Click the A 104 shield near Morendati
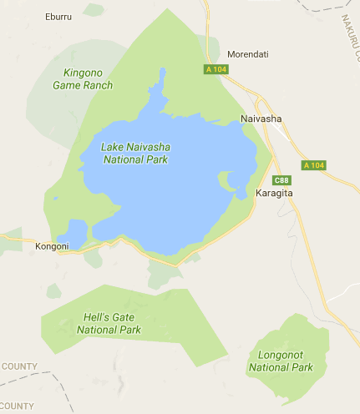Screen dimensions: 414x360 [x=215, y=69]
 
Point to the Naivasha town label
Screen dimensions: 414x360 [x=261, y=119]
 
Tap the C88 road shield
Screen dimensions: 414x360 [x=282, y=179]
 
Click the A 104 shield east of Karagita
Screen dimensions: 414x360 [x=313, y=165]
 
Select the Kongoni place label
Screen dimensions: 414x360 [x=52, y=247]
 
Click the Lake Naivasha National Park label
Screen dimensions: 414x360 [x=134, y=153]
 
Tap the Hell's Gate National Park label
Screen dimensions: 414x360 [x=109, y=324]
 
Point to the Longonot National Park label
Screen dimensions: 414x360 [x=281, y=361]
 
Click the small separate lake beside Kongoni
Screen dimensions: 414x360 [x=73, y=233]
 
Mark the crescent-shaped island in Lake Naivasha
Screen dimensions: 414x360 [x=225, y=180]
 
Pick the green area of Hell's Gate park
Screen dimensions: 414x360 [x=167, y=334]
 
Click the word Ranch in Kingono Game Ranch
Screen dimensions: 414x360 [x=97, y=85]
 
